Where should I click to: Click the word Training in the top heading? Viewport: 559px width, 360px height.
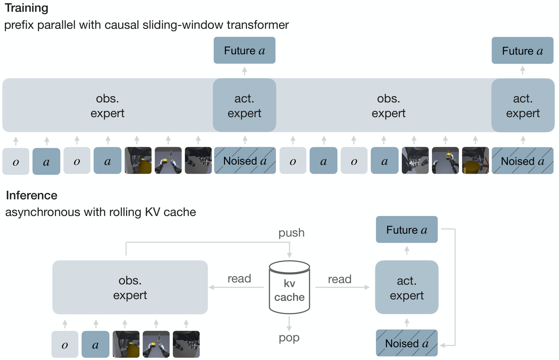pos(27,8)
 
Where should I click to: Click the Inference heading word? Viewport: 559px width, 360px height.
pos(32,195)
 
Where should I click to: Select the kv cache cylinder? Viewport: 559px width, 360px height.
pos(290,287)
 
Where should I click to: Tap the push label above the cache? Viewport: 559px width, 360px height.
pos(291,233)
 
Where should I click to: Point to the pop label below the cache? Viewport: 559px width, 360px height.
pos(289,338)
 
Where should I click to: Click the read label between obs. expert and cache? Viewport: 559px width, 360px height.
pos(239,278)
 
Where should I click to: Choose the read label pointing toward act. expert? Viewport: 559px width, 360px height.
pos(340,279)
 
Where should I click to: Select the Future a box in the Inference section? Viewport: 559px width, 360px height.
pos(407,230)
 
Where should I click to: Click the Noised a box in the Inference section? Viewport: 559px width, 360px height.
pos(407,343)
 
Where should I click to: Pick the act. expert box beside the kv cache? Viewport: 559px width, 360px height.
pos(407,287)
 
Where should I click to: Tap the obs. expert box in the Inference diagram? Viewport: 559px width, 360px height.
pos(130,287)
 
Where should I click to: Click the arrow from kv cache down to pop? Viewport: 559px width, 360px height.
pos(289,324)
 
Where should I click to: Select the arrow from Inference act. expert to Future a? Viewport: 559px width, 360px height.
pos(407,250)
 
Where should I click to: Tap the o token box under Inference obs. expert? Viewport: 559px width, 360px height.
pos(65,344)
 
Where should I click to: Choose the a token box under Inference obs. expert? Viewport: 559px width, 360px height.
pos(95,344)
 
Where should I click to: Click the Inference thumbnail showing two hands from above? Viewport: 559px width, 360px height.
pos(156,344)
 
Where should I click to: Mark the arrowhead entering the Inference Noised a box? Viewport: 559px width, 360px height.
pos(442,346)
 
